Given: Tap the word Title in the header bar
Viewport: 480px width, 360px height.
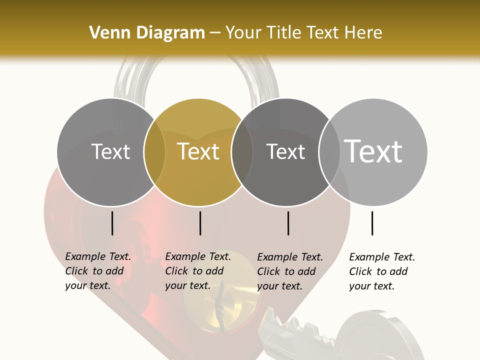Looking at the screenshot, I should (283, 32).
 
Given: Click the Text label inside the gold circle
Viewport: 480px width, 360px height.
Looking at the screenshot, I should (198, 151).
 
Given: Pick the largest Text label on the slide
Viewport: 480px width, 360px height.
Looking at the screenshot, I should (373, 151).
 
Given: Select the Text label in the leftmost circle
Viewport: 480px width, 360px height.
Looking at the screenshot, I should (110, 151).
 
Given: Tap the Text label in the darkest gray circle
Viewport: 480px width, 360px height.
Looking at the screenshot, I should (285, 151).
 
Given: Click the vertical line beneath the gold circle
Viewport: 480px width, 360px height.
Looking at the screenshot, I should (200, 223).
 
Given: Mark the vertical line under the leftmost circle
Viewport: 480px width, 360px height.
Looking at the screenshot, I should (112, 223).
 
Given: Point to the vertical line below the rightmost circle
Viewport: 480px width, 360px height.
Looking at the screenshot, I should (372, 223).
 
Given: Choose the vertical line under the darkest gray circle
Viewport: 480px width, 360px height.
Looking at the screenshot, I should (288, 223).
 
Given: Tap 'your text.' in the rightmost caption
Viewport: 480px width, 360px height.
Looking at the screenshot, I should (371, 286).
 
